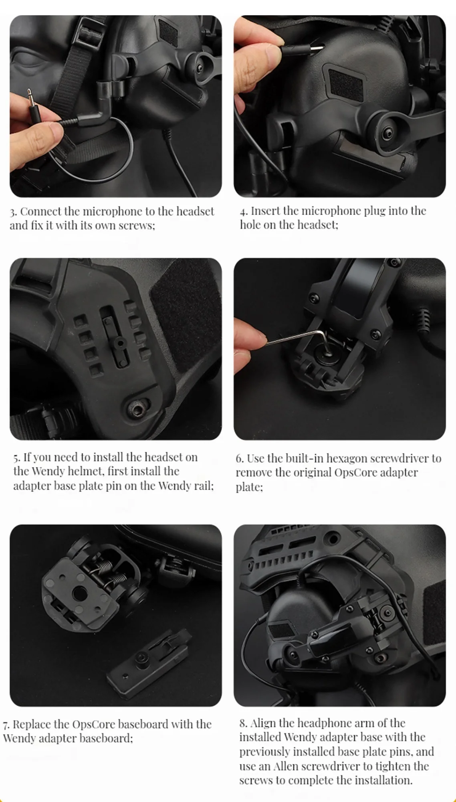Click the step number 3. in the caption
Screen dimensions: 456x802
point(13,212)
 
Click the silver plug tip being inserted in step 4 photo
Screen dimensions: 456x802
point(316,49)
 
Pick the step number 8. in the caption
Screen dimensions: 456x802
point(243,723)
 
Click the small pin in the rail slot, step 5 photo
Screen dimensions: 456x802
point(118,343)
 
